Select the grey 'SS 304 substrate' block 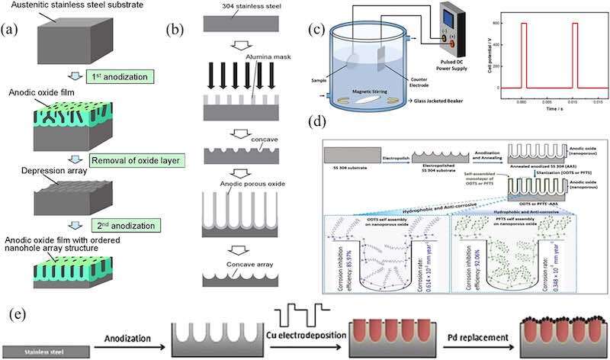point(348,153)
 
